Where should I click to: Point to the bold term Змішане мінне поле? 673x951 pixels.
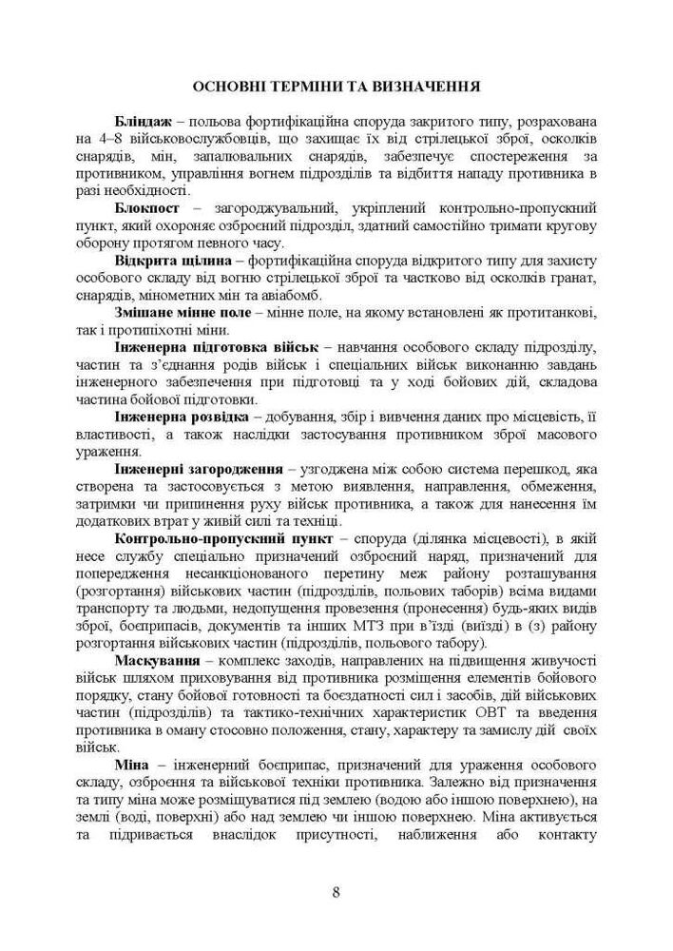click(182, 312)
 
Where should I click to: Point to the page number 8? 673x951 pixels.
click(336, 891)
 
